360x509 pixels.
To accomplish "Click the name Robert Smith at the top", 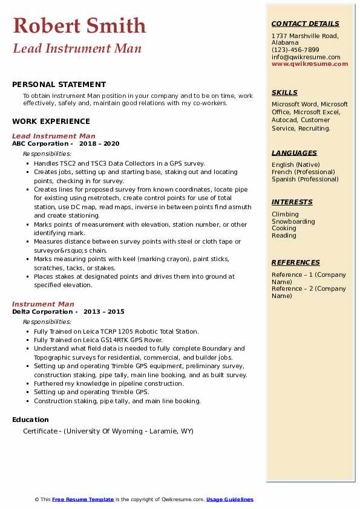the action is pos(79,25).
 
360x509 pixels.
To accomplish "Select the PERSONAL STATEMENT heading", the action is pos(59,85).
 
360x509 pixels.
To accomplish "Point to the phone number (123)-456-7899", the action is pos(295,50).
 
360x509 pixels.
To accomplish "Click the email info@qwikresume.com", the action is pos(306,57).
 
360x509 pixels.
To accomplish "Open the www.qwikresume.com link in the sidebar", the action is pos(310,63).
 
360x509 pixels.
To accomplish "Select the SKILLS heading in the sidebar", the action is pos(284,92).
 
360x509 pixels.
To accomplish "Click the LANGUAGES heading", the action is pos(294,153).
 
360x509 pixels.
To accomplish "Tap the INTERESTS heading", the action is pos(292,202).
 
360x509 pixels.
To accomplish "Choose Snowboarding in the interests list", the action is pos(293,221).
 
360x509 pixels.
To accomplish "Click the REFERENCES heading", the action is pos(296,262).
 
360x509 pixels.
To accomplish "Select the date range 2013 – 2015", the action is pos(103,311).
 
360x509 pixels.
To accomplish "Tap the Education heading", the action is pos(30,420).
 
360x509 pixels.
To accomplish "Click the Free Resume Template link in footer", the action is pos(83,499).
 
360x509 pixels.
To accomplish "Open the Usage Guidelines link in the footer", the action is pos(230,499).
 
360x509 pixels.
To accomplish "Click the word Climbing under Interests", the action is pos(285,214).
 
